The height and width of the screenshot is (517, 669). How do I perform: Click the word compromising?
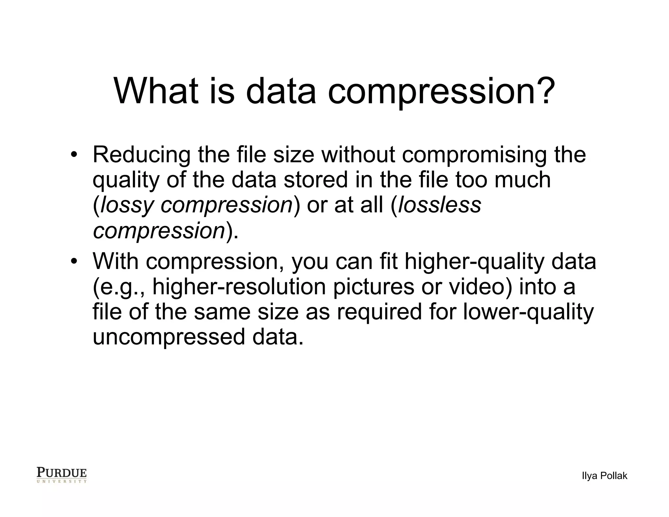point(474,155)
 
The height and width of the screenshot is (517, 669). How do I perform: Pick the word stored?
point(316,180)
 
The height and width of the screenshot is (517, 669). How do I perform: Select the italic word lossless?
point(440,205)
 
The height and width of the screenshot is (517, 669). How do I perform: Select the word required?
point(379,312)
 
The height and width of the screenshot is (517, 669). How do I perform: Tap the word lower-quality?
point(528,312)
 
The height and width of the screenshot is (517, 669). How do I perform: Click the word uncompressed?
point(169,337)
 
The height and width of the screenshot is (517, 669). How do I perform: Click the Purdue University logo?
point(62,475)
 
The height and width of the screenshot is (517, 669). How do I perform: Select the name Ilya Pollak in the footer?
point(604,476)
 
